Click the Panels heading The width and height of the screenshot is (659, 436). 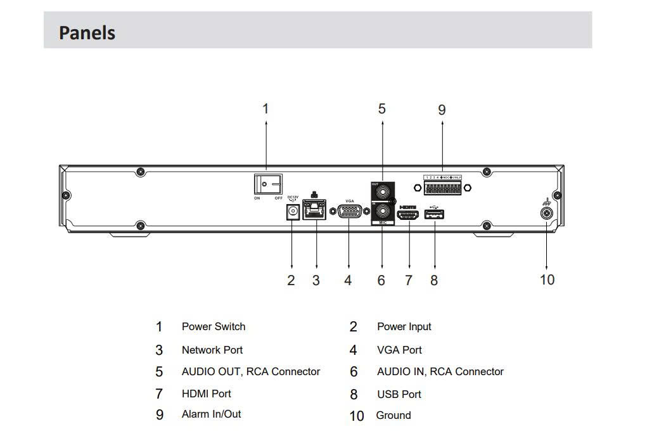(x=87, y=32)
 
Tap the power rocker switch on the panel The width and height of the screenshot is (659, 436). (x=268, y=184)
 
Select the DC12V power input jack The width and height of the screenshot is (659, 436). (x=292, y=213)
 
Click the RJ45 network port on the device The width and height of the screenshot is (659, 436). (x=314, y=209)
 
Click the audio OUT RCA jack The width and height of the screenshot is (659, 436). (x=381, y=191)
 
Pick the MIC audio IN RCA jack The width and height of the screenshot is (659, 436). (x=381, y=211)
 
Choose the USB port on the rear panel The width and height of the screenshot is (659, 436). (x=434, y=215)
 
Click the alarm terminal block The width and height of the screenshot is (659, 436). (x=442, y=188)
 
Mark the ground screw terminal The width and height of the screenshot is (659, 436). (x=546, y=214)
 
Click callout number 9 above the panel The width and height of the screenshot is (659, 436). (x=442, y=110)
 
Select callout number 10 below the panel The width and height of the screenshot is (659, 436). (x=547, y=279)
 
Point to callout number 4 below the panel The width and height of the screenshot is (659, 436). (x=348, y=280)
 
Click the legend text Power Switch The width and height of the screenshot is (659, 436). (x=214, y=326)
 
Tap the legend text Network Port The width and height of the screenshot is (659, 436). (x=212, y=350)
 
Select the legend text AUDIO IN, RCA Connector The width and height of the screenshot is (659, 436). (x=440, y=372)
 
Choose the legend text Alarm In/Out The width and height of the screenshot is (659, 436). (x=211, y=414)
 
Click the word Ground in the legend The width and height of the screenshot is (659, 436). (x=393, y=415)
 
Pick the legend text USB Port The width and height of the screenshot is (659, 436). (x=399, y=394)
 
